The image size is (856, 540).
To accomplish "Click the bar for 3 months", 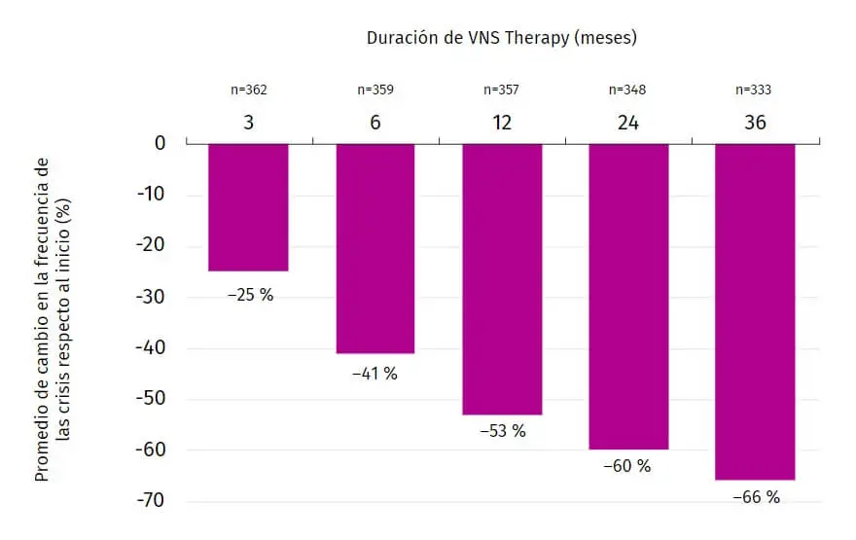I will coord(248,207).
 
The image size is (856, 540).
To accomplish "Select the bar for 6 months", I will coord(375,248).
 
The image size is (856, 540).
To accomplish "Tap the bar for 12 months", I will coord(502,279).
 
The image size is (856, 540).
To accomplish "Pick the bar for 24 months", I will coord(628,297).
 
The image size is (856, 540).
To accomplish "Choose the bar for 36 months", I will coord(755,311).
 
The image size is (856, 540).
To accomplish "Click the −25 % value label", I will coord(250,294).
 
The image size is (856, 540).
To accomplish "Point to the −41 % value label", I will coord(374,374).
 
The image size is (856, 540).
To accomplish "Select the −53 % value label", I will coord(502,431).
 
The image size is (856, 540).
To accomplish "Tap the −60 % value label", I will coord(626,466).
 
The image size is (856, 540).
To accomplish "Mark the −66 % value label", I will coord(756,497).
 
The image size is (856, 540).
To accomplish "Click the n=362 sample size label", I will coord(248,90).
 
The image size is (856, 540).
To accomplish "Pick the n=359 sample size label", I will coord(375,90).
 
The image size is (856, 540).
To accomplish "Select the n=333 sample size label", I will coord(755,90).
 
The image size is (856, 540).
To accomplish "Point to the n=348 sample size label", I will coord(627,90).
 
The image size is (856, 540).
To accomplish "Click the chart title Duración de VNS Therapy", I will coord(501,39).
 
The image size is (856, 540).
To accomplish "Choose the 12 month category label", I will coord(502,123).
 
